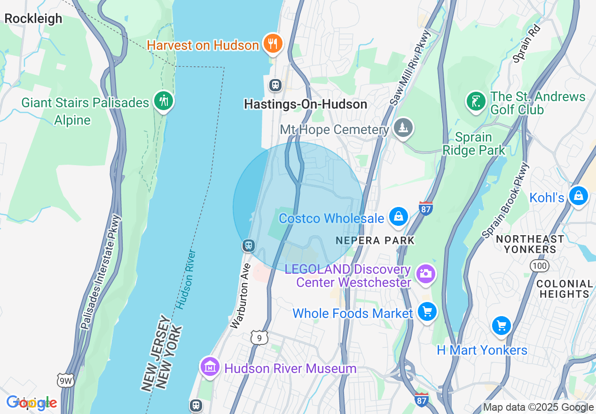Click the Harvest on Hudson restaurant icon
tap(272, 44)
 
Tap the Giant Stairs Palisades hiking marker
tap(164, 101)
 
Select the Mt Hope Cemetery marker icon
tap(403, 128)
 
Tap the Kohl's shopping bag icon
tap(578, 195)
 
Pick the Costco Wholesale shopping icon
tap(399, 217)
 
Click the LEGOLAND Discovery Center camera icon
tap(426, 274)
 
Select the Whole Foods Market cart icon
tap(427, 312)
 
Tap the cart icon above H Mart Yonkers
tap(501, 326)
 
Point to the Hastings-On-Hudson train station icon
tap(275, 85)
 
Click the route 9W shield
tap(65, 381)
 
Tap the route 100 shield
tap(539, 266)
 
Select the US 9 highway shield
tap(259, 337)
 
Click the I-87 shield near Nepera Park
tap(425, 208)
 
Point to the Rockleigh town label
tap(33, 19)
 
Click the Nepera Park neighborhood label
tap(376, 240)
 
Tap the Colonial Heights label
tap(565, 289)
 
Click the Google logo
tap(32, 403)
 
